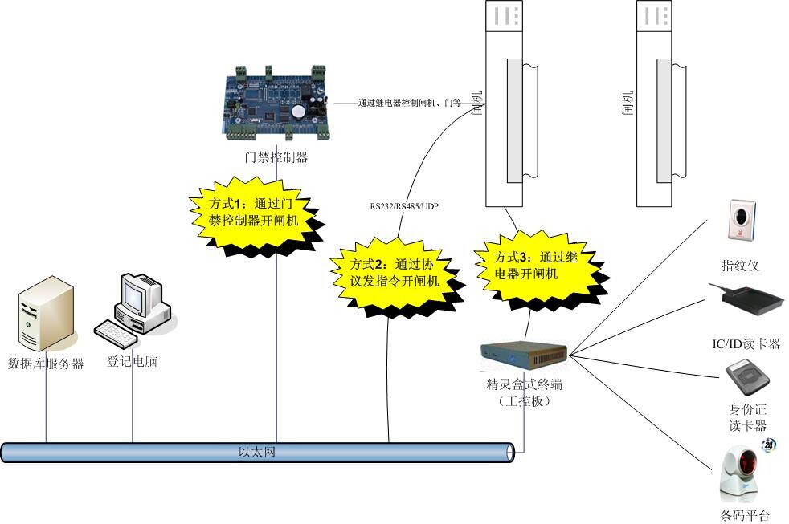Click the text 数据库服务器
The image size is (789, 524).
click(46, 364)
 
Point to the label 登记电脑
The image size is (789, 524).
click(133, 362)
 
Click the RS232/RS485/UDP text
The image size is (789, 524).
click(404, 206)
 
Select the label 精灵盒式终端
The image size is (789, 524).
click(522, 384)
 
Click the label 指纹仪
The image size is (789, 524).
click(740, 266)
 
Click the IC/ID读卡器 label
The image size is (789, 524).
click(746, 344)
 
